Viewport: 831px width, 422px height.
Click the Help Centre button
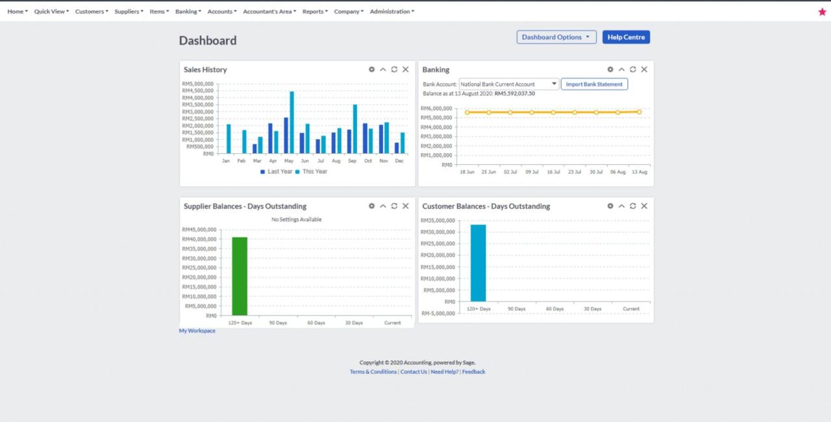(626, 37)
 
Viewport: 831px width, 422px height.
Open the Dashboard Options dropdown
(556, 37)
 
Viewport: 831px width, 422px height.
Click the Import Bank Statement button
(594, 84)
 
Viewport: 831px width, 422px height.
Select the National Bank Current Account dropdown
(508, 84)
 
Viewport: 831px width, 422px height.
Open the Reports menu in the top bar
(315, 12)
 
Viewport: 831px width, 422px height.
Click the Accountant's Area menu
(269, 12)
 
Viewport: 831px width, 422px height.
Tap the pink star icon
(822, 12)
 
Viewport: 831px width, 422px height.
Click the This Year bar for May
(291, 122)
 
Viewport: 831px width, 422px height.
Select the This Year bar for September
(355, 129)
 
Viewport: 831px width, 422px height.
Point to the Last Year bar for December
(397, 148)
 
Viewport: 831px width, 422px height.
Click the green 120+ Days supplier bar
(240, 276)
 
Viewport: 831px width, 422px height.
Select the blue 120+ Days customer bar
(478, 263)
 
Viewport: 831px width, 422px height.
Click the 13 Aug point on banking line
(639, 112)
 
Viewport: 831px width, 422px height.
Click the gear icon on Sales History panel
(371, 69)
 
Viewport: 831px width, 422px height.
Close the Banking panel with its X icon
(644, 69)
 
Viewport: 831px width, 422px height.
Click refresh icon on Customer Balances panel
(633, 206)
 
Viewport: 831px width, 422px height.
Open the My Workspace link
(197, 330)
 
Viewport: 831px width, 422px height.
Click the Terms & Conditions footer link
(373, 372)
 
